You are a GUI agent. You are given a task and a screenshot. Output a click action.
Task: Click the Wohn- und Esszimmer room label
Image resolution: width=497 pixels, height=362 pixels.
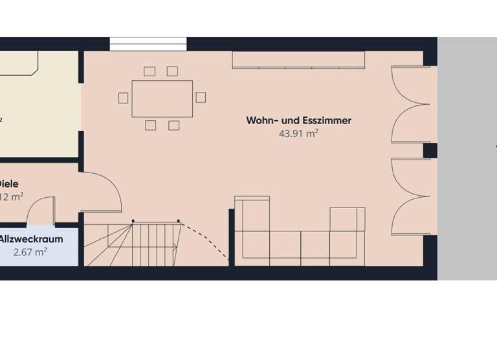(x=298, y=120)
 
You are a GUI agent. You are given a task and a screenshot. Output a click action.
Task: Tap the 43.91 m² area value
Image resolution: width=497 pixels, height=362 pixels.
(x=298, y=134)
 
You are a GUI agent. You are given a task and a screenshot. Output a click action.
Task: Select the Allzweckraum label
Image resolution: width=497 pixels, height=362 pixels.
(x=30, y=239)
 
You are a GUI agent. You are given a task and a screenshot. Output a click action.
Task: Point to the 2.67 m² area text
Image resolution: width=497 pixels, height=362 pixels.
(x=30, y=252)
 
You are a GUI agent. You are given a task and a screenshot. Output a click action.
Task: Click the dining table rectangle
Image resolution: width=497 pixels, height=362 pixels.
(x=162, y=98)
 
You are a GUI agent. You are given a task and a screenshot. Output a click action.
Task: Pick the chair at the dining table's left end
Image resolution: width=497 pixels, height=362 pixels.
(x=124, y=98)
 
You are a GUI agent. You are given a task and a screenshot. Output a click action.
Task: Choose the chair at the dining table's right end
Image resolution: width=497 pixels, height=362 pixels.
(x=201, y=97)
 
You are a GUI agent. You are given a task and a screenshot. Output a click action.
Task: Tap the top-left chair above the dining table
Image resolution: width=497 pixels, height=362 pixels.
(x=150, y=71)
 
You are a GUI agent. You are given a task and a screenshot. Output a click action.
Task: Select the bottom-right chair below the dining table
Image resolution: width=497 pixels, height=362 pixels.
(x=173, y=125)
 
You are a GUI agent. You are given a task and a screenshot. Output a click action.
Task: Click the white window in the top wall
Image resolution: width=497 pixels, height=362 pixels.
(x=148, y=43)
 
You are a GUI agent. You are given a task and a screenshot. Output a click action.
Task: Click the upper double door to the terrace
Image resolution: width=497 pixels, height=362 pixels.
(x=410, y=103)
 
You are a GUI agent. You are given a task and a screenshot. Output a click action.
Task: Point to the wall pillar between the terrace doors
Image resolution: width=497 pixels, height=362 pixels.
(x=430, y=151)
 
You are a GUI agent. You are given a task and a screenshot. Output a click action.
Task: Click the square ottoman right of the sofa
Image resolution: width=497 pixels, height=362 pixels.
(x=348, y=219)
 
